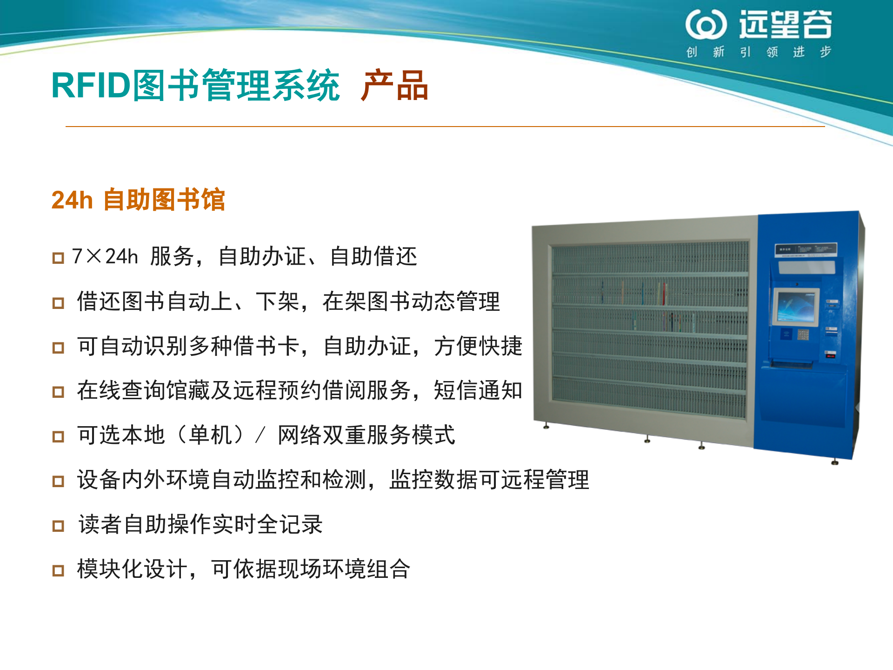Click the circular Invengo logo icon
coord(706,24)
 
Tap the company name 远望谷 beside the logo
coord(786,24)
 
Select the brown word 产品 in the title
coord(394,86)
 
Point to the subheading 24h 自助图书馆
coord(138,200)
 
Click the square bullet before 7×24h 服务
coord(58,258)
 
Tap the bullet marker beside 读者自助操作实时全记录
coord(58,526)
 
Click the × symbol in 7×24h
coord(93,256)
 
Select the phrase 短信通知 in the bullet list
coord(478,390)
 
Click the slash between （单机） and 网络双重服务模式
coord(260,435)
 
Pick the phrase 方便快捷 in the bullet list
coord(478,346)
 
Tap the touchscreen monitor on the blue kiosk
coord(796,307)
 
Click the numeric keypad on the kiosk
coord(803,334)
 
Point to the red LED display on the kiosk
coord(830,355)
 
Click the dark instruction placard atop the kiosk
coord(805,249)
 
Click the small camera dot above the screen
coord(797,284)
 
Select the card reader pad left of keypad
coord(786,333)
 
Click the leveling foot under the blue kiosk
coord(835,462)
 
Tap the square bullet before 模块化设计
coord(58,570)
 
